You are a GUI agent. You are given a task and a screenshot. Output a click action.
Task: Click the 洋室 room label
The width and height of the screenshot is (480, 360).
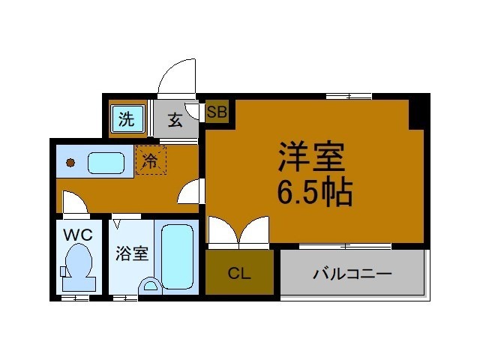pos(312,157)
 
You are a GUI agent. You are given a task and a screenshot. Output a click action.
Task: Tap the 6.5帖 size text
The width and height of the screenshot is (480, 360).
pos(315,195)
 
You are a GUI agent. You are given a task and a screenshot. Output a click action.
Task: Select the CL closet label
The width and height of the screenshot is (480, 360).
pos(239,274)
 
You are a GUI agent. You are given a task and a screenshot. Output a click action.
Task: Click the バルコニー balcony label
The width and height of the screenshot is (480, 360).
pos(352,274)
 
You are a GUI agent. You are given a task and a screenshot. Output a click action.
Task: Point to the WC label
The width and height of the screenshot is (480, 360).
pos(78,235)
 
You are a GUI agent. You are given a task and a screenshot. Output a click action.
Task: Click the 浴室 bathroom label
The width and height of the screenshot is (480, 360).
pos(132,254)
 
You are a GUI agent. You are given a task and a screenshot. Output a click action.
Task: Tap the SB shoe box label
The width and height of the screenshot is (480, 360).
pos(217,113)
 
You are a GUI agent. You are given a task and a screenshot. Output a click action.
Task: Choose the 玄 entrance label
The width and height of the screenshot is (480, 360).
pos(175,119)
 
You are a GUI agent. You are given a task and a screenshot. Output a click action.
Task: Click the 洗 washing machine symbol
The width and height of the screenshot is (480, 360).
pos(127,118)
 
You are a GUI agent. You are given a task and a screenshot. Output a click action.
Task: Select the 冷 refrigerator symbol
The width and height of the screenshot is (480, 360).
pos(151,160)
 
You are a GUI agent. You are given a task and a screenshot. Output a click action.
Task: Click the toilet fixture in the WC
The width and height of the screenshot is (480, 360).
pos(78,268)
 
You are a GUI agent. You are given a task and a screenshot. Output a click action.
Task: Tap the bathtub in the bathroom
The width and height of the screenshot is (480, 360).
pos(178,256)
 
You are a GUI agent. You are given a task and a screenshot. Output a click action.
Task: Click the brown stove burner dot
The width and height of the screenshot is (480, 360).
pos(70,162)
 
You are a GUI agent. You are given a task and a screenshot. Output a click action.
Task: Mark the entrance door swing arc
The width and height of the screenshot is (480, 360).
pos(178,77)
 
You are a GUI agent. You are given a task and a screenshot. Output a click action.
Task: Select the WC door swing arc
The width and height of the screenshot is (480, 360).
pos(73,202)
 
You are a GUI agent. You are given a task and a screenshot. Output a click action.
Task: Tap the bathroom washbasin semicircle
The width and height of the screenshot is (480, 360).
pos(151,286)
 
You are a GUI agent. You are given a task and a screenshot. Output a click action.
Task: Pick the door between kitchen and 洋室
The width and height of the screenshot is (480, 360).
pos(190,193)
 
